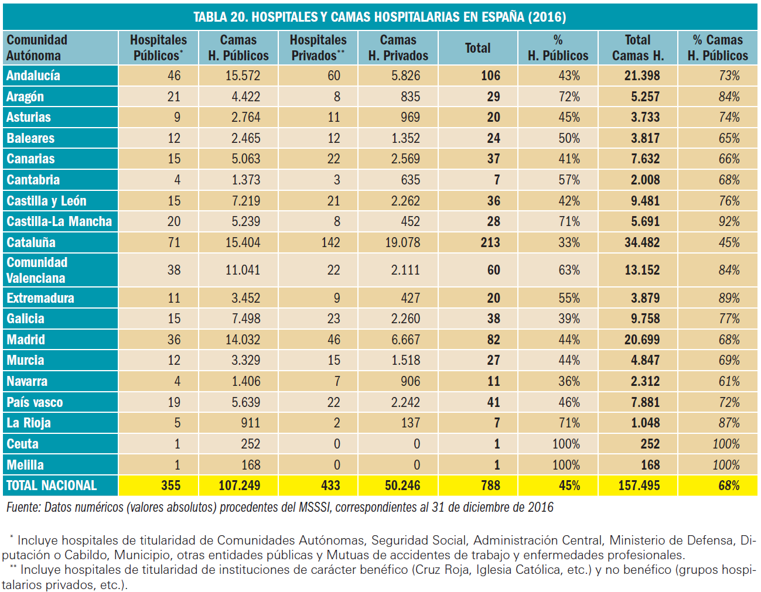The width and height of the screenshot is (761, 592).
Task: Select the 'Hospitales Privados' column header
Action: [318, 47]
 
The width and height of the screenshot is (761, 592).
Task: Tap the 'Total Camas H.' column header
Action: [637, 47]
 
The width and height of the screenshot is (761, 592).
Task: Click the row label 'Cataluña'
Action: [31, 242]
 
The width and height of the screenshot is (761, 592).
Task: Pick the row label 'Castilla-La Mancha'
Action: [59, 221]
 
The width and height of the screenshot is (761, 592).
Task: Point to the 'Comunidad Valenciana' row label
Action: [37, 270]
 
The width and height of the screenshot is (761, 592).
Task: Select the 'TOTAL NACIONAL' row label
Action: [52, 485]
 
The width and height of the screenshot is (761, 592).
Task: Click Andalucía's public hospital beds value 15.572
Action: [243, 76]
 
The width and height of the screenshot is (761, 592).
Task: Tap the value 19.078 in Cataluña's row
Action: [402, 242]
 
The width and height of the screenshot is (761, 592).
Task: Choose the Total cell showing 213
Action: [490, 242]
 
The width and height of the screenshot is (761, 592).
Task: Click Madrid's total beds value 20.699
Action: [641, 340]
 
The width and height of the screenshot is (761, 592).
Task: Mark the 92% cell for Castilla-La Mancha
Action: [729, 221]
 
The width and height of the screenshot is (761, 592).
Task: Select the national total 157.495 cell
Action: [639, 485]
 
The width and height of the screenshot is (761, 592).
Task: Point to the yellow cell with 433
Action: [330, 485]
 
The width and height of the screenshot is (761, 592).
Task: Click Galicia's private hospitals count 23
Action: [333, 319]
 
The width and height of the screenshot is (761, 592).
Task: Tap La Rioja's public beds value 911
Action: [250, 423]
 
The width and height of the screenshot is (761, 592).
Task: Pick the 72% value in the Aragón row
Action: [569, 97]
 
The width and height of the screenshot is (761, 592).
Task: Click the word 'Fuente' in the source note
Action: [23, 507]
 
